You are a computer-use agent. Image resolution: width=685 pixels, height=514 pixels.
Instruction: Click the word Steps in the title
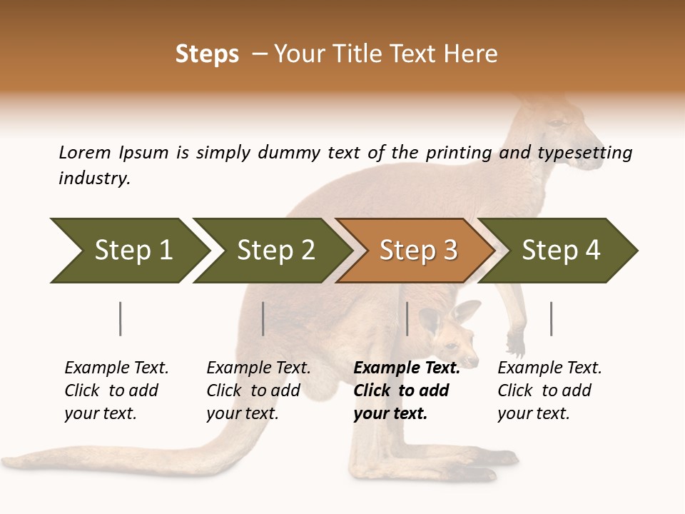(207, 54)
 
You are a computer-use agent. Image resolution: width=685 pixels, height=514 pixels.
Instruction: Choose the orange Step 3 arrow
(418, 251)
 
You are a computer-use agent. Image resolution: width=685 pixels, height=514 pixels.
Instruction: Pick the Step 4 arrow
(561, 251)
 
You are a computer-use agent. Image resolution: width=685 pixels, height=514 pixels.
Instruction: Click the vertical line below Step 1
(121, 318)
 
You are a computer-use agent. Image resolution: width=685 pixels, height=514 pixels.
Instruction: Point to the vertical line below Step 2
(263, 318)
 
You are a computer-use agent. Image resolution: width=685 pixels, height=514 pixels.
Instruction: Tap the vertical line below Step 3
(407, 318)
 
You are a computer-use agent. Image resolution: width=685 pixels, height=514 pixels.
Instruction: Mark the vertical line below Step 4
(551, 318)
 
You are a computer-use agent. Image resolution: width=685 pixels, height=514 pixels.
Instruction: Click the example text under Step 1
(116, 390)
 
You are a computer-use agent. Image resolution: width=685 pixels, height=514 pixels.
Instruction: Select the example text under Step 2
(258, 390)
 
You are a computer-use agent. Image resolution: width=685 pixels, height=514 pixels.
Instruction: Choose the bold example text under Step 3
(406, 390)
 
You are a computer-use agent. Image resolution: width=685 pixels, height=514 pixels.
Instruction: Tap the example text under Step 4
(549, 390)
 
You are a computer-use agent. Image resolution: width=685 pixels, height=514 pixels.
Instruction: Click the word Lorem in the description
(84, 152)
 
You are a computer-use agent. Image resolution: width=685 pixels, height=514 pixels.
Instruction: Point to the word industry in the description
(93, 178)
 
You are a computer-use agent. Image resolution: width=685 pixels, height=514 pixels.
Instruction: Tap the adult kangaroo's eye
(554, 124)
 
